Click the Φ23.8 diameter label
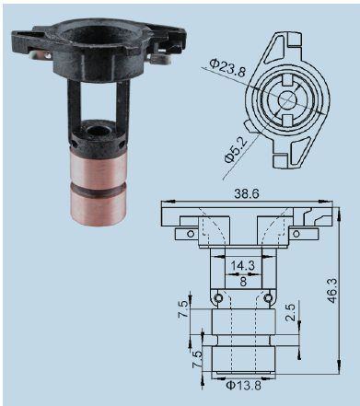click(x=227, y=68)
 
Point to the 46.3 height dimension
click(x=332, y=291)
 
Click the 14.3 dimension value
click(x=243, y=266)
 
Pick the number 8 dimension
click(x=243, y=281)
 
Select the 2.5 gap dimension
click(x=290, y=312)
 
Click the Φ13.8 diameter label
click(x=243, y=385)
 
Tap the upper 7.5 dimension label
click(x=183, y=308)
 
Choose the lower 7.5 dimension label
click(x=197, y=360)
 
